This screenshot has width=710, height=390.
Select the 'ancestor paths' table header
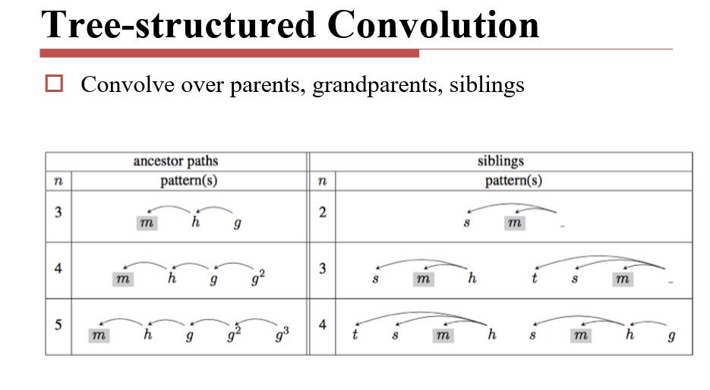(x=175, y=161)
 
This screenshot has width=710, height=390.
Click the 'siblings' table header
(x=500, y=161)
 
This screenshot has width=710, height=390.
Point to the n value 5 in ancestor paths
(x=58, y=325)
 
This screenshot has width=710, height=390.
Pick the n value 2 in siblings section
(x=322, y=212)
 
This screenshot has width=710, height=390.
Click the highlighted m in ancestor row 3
(x=147, y=223)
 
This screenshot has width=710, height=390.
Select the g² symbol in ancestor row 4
(x=258, y=279)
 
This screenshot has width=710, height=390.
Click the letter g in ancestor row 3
(x=238, y=224)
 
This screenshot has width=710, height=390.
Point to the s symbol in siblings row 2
(x=468, y=223)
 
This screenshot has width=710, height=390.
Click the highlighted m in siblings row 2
(x=514, y=223)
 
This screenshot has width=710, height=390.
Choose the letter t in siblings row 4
(x=355, y=335)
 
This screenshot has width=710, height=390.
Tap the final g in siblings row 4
(x=671, y=335)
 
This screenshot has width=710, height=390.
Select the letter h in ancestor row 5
(x=146, y=335)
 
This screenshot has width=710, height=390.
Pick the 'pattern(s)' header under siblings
(x=513, y=181)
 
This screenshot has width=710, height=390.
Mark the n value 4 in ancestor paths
(x=58, y=268)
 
